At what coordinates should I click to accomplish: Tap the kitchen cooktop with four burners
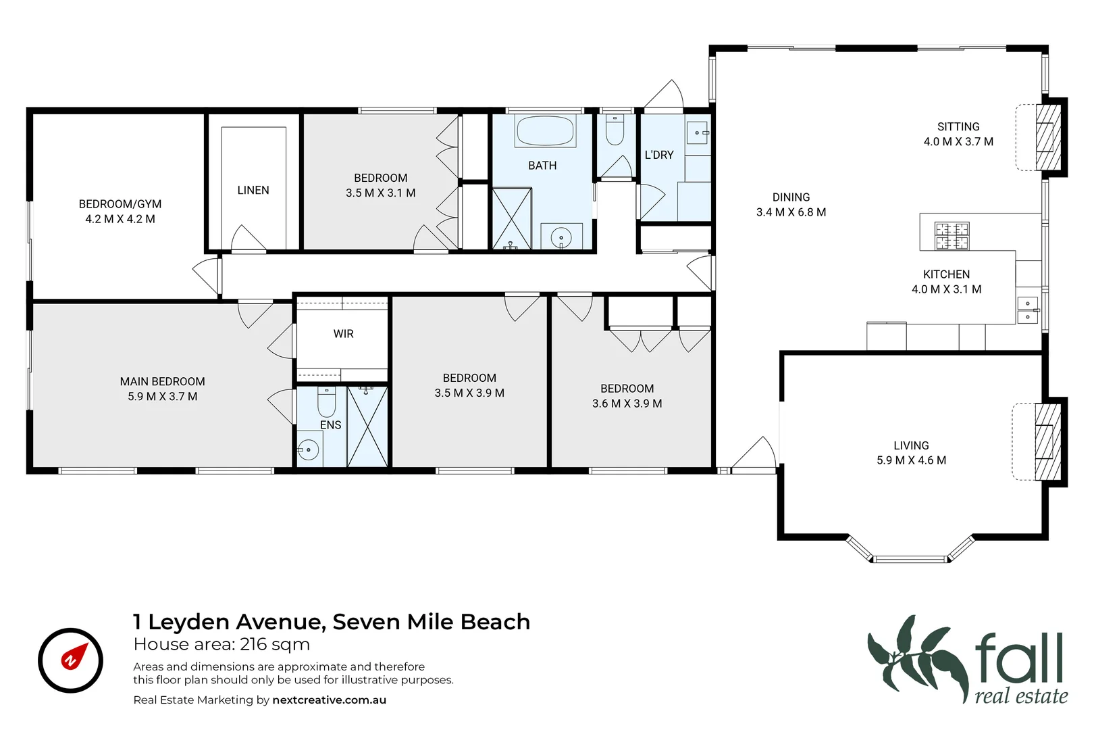click(952, 236)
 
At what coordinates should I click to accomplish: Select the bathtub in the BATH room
click(545, 131)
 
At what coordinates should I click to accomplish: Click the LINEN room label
click(253, 191)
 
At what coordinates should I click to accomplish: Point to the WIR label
click(343, 334)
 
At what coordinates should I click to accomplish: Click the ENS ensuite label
click(330, 425)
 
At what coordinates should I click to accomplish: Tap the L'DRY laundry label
click(658, 155)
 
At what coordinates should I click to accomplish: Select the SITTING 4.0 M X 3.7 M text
click(958, 135)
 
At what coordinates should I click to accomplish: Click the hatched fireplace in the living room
click(1047, 442)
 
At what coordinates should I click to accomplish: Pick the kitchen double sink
click(1027, 310)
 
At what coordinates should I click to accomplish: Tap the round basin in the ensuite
click(309, 449)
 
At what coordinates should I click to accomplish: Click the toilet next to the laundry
click(615, 130)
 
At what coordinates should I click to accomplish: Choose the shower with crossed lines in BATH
click(511, 218)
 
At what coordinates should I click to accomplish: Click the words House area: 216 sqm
click(222, 645)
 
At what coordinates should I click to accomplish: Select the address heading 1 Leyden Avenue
click(331, 622)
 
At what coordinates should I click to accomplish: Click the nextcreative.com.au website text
click(329, 700)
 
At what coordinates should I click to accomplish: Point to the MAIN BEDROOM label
click(162, 389)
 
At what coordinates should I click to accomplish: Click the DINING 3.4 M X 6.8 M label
click(791, 205)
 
